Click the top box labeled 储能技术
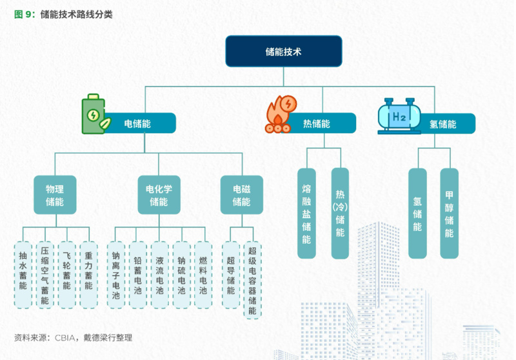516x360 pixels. click(x=283, y=51)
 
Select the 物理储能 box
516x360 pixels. click(x=54, y=195)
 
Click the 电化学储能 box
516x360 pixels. click(x=159, y=195)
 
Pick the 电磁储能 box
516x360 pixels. click(x=241, y=195)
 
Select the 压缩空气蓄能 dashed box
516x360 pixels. click(x=45, y=274)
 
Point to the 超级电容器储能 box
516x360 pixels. click(x=252, y=279)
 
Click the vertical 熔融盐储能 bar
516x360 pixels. click(x=306, y=213)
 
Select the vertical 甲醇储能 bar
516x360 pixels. click(x=449, y=213)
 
